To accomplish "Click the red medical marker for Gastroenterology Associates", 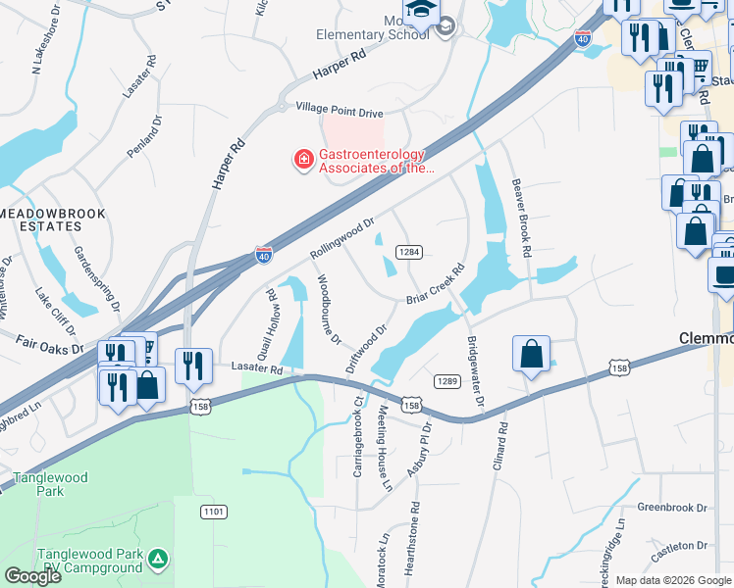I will click(304, 158).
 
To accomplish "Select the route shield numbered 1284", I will click(409, 252).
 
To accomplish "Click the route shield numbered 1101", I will click(213, 512).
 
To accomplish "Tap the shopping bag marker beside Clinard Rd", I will click(531, 355).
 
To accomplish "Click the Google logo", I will click(32, 576).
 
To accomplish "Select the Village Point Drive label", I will click(333, 113).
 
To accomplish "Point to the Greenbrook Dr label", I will click(672, 508).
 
